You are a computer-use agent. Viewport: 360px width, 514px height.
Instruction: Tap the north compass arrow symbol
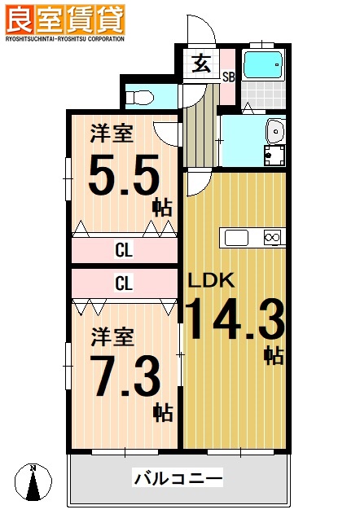click(33, 482)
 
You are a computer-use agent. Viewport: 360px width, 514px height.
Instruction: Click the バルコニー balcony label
click(178, 478)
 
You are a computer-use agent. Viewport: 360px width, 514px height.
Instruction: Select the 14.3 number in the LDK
click(235, 319)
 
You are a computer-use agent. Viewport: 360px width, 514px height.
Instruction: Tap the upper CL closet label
click(124, 251)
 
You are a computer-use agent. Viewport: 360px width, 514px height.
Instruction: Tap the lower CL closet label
click(124, 284)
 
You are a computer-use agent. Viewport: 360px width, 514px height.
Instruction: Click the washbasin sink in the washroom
click(274, 130)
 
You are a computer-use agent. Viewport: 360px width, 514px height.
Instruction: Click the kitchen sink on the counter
click(236, 238)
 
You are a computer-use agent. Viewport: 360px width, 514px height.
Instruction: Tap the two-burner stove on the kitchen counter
click(272, 238)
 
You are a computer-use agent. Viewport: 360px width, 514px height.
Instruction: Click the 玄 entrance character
click(199, 62)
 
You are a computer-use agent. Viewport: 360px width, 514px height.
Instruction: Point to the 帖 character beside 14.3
click(273, 355)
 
